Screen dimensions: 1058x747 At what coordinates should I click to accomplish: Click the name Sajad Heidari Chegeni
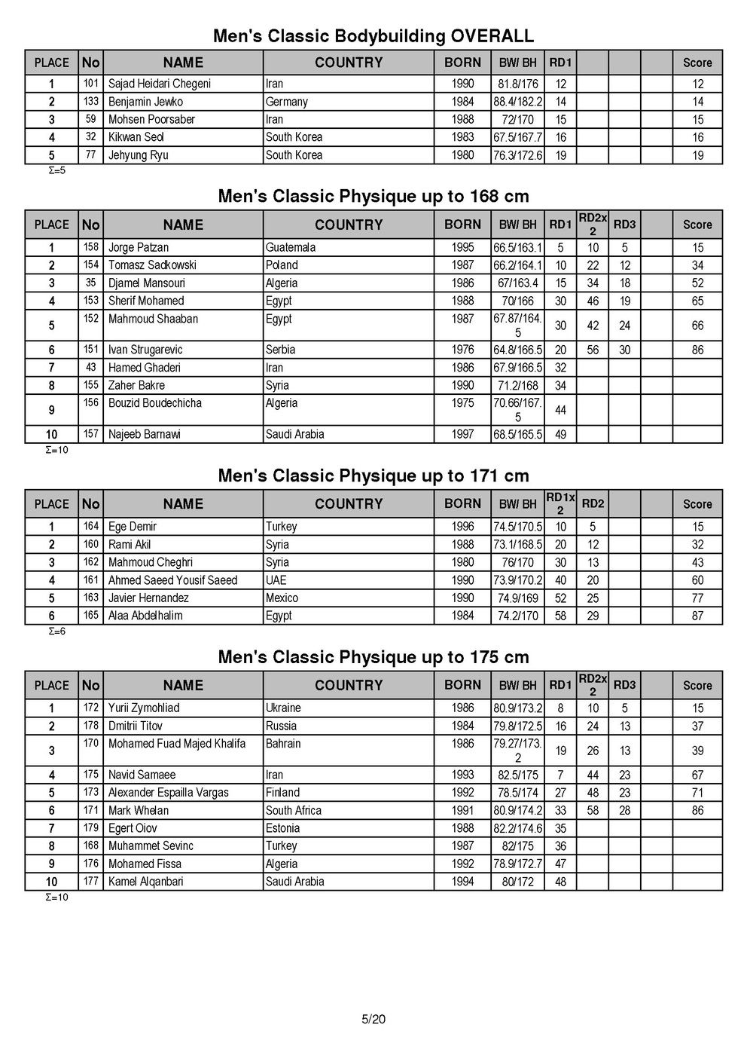pyautogui.click(x=159, y=84)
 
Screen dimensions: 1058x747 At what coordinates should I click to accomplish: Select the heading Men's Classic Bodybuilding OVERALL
pyautogui.click(x=373, y=35)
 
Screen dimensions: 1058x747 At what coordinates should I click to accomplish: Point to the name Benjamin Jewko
pyautogui.click(x=145, y=102)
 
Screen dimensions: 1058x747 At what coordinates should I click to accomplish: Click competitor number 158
pyautogui.click(x=90, y=246)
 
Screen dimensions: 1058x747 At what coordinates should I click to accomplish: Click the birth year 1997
pyautogui.click(x=462, y=434)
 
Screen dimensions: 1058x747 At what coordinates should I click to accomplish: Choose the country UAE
pyautogui.click(x=276, y=580)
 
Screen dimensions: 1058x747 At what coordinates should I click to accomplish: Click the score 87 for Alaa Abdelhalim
pyautogui.click(x=697, y=616)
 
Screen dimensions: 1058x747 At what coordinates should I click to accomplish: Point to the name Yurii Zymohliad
pyautogui.click(x=144, y=708)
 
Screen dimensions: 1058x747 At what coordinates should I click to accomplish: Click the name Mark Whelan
pyautogui.click(x=139, y=810)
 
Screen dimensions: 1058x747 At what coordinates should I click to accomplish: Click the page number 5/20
pyautogui.click(x=373, y=1020)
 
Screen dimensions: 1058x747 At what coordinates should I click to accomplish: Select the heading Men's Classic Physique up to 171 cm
pyautogui.click(x=373, y=475)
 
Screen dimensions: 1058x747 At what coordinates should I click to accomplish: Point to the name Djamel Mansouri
pyautogui.click(x=146, y=283)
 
